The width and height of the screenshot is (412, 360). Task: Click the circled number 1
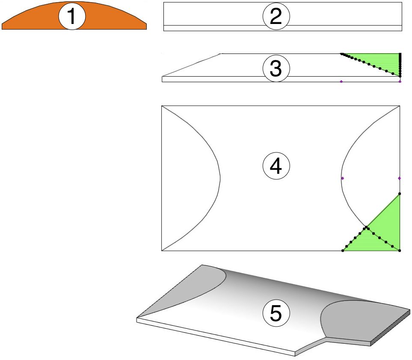tap(72, 17)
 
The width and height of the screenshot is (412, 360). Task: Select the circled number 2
tap(276, 17)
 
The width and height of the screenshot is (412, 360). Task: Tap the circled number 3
tap(276, 69)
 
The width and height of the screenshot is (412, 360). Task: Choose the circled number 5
tap(276, 313)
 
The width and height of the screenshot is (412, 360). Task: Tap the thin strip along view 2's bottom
tap(282, 28)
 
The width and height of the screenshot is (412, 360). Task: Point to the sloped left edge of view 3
tap(193, 65)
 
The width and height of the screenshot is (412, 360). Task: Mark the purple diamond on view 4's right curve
tap(342, 178)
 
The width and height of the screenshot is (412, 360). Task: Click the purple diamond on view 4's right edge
tap(400, 178)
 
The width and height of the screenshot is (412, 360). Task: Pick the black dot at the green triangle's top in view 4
tap(400, 194)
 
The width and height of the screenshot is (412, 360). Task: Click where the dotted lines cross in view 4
tap(366, 228)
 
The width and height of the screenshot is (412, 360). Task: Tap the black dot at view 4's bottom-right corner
tap(400, 250)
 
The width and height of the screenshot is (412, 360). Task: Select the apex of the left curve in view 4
tap(220, 177)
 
